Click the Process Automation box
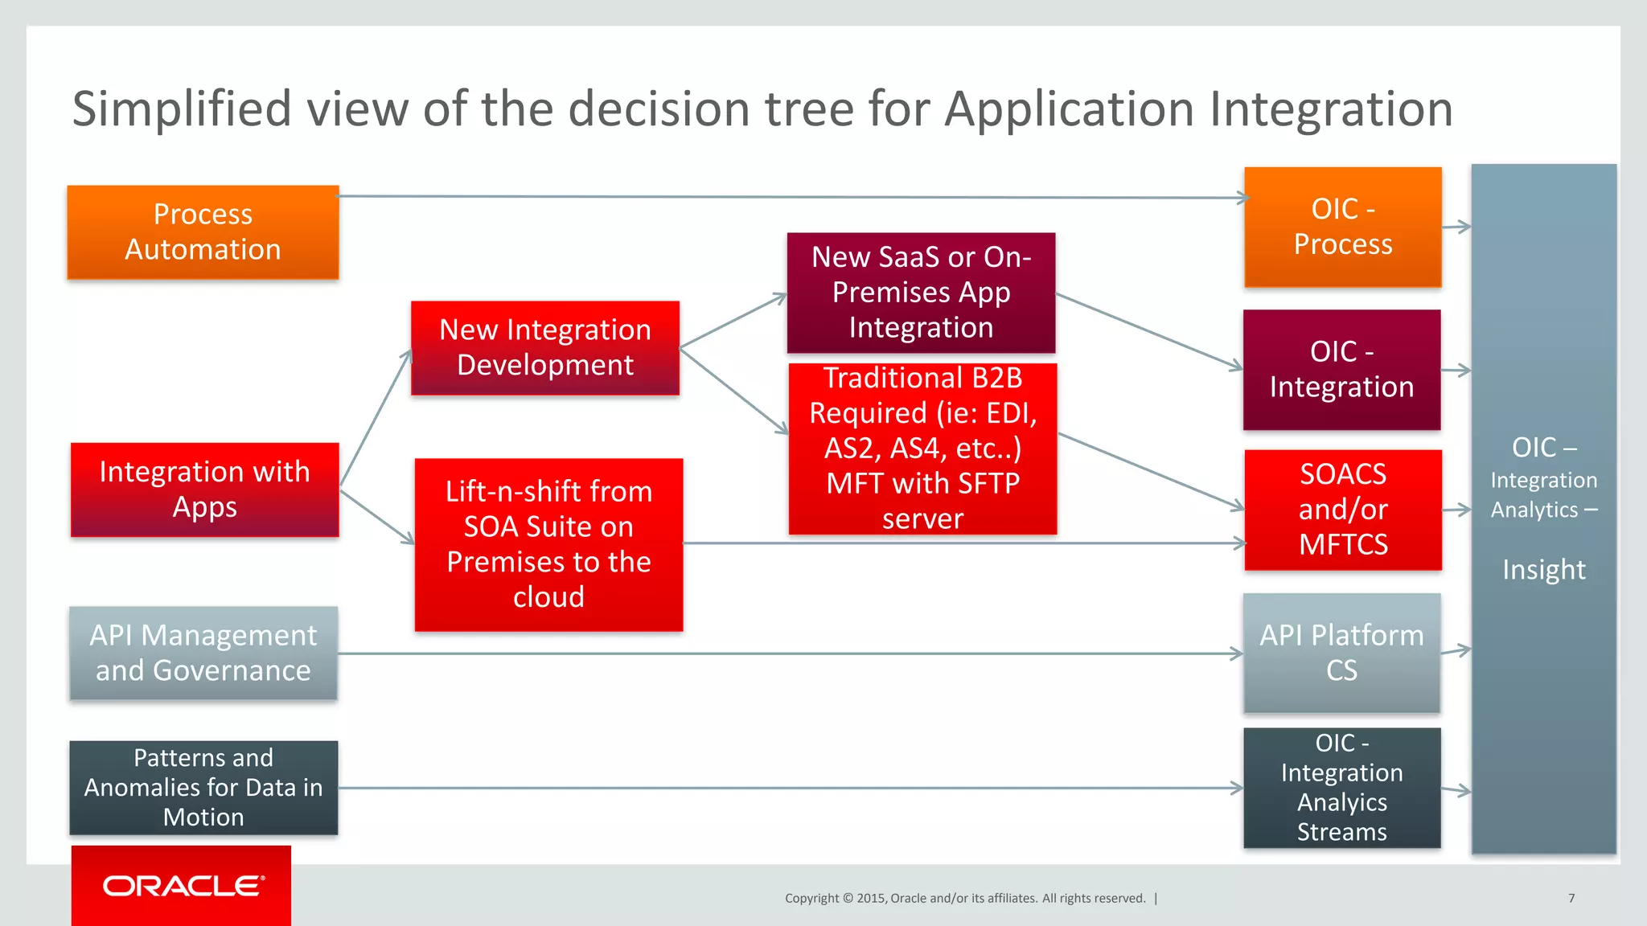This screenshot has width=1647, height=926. tap(203, 232)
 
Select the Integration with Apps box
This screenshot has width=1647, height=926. tap(204, 490)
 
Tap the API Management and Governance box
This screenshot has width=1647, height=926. tap(203, 653)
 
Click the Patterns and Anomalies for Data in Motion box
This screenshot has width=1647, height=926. tap(203, 788)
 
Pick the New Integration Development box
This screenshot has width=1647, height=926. tap(544, 348)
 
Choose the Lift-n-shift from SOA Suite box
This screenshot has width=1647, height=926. tap(548, 544)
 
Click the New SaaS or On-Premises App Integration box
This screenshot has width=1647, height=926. tap(921, 293)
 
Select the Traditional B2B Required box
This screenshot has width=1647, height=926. tap(922, 449)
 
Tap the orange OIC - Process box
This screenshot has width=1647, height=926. tap(1342, 227)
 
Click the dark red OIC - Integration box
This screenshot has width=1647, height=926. tap(1341, 370)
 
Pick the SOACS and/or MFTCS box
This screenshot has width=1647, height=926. tap(1342, 510)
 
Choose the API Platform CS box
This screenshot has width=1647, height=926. tap(1341, 653)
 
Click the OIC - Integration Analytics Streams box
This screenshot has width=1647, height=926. tap(1341, 788)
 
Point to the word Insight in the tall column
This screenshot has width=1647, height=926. tap(1543, 570)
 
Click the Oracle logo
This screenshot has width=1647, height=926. tap(183, 886)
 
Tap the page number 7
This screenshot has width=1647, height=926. tap(1571, 898)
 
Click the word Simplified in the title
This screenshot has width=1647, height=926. tap(181, 109)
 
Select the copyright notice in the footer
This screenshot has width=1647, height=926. tap(965, 898)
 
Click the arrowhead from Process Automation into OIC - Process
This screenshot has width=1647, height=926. tap(1243, 198)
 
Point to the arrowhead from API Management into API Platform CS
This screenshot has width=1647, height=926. tap(1238, 654)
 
